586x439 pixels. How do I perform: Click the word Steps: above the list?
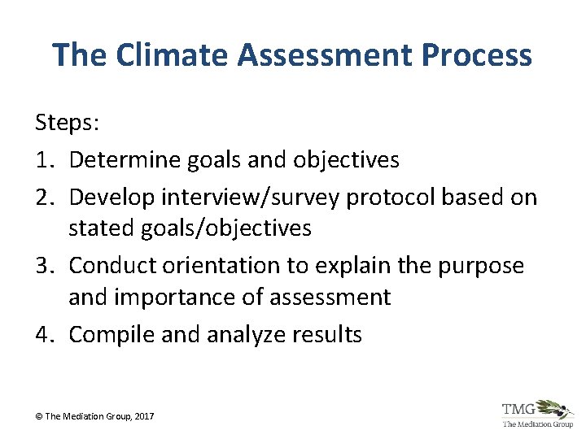[66, 124]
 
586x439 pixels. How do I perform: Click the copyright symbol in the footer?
[38, 416]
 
